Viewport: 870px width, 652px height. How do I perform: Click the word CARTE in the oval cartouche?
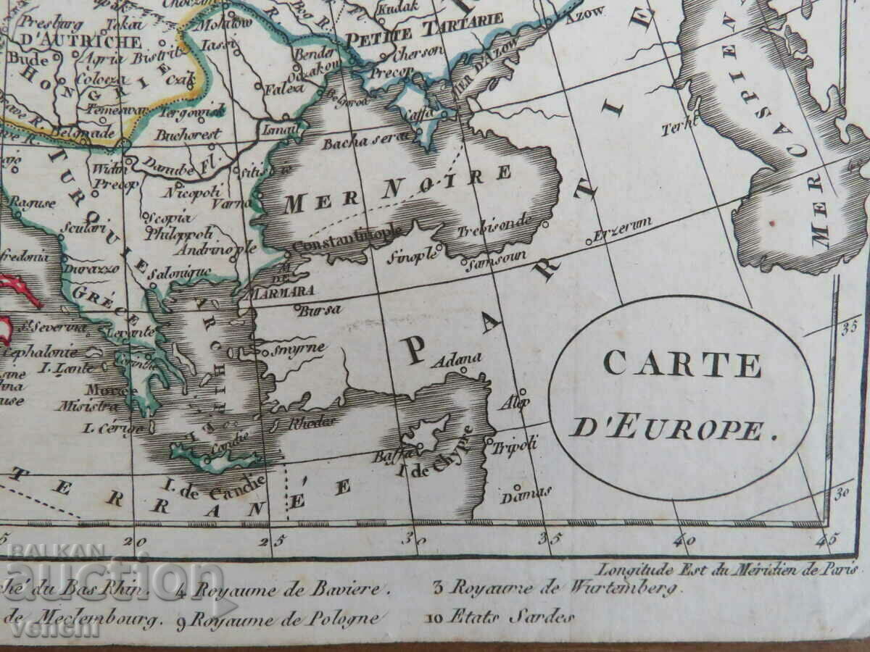(681, 364)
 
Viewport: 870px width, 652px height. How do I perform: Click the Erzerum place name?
(622, 226)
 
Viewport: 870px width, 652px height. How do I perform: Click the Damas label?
(527, 495)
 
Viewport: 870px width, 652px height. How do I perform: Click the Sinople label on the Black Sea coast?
(414, 254)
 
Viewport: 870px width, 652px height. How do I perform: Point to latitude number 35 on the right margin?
(849, 327)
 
